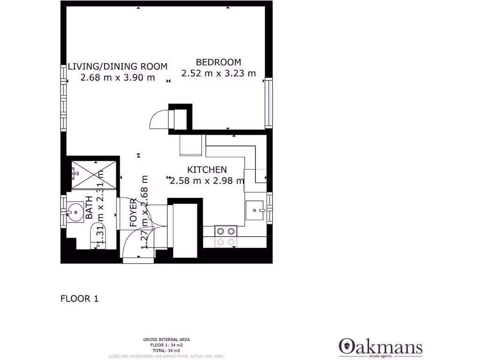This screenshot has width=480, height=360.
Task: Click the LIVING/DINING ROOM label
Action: [x=117, y=67]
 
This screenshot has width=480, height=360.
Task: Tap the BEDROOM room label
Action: [x=218, y=62]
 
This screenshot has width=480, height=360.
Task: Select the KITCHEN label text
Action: [x=207, y=170]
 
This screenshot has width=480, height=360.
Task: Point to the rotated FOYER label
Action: [x=134, y=213]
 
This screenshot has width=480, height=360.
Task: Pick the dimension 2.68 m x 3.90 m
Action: [x=117, y=78]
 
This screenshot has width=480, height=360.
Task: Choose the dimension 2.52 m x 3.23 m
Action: [x=218, y=73]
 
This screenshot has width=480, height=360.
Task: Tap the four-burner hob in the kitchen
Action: [x=225, y=236]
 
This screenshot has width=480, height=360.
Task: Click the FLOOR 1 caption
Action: [x=79, y=298]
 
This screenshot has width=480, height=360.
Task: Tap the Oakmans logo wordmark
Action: [x=380, y=347]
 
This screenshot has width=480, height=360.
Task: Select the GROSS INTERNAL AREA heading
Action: [x=166, y=339]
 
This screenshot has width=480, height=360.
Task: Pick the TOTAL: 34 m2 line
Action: [x=166, y=351]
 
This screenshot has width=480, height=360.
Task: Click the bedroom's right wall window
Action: [x=269, y=103]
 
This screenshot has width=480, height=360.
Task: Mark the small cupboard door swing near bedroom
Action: [x=158, y=119]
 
